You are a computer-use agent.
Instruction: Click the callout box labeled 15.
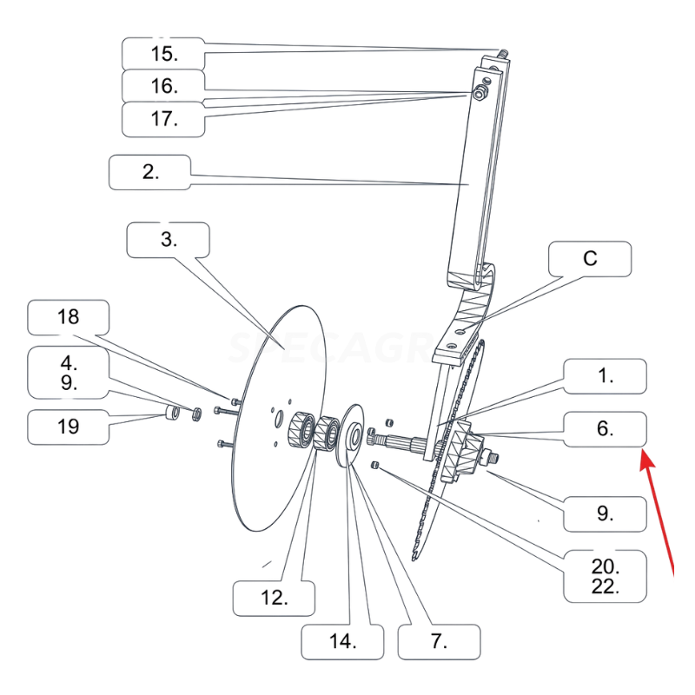tap(163, 54)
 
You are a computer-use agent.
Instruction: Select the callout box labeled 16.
tap(163, 86)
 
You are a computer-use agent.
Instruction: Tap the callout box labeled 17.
tap(163, 119)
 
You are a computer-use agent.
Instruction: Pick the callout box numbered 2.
tap(149, 171)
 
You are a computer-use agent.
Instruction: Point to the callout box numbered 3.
tap(169, 240)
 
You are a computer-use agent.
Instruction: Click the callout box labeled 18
tap(68, 317)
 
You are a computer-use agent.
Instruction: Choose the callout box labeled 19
tap(68, 427)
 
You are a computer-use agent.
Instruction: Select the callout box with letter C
tap(590, 259)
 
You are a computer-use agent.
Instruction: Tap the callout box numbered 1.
tap(606, 376)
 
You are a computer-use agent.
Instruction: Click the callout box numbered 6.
tap(606, 428)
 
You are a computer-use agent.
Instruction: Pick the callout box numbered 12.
tap(274, 598)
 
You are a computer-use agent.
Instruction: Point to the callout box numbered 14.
tap(342, 641)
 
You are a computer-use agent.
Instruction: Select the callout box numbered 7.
tap(439, 641)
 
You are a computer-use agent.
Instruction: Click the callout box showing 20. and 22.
tap(605, 575)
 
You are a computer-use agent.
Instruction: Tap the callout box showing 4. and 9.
tap(68, 371)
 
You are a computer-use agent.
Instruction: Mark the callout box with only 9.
tap(605, 513)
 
